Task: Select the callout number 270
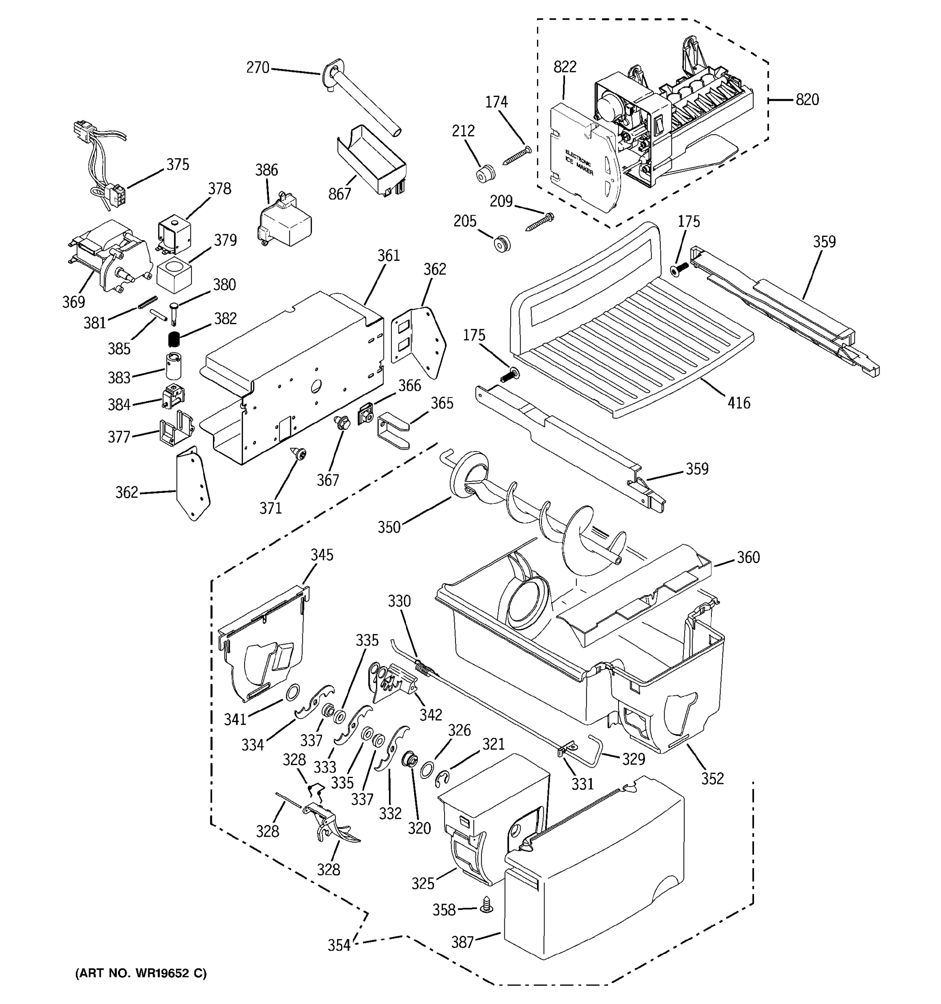(258, 68)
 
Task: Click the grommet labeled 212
(486, 173)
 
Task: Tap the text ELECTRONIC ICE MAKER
(578, 163)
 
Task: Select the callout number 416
(739, 403)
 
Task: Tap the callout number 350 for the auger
(389, 527)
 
